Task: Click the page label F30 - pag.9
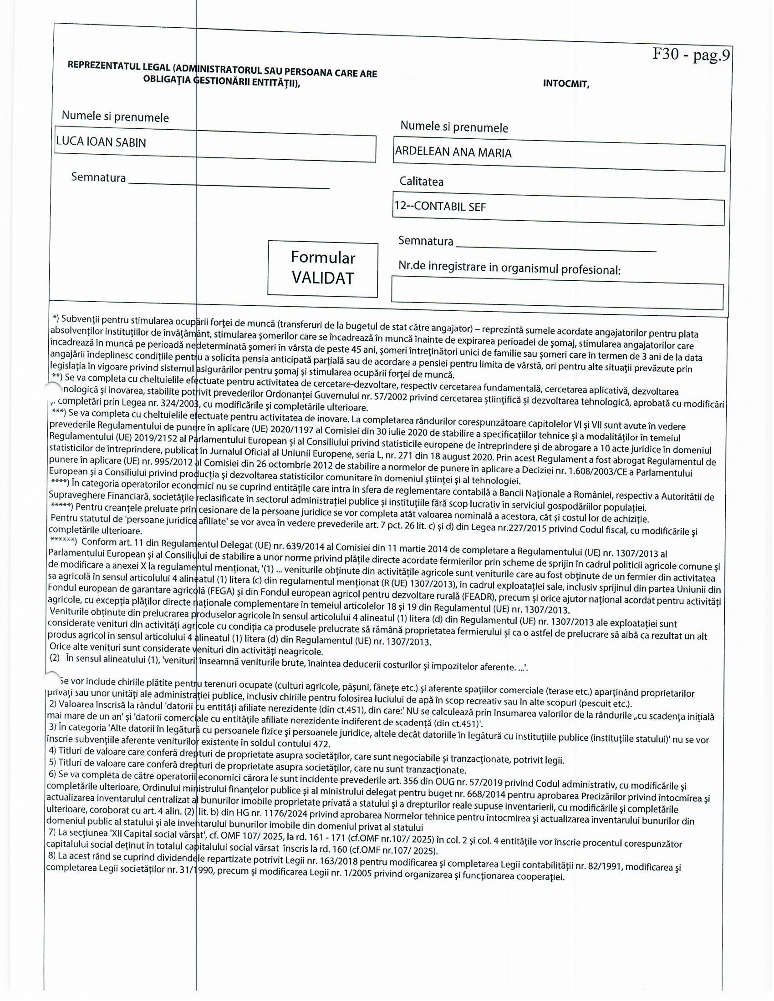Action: (691, 56)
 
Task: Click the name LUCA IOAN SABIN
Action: (101, 142)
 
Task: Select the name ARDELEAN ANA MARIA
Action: (453, 152)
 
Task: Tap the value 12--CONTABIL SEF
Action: (440, 207)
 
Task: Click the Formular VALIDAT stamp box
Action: (323, 268)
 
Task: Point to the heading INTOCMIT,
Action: (566, 84)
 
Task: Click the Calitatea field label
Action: (422, 182)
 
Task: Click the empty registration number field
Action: (557, 298)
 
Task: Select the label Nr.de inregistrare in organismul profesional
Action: (509, 268)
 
